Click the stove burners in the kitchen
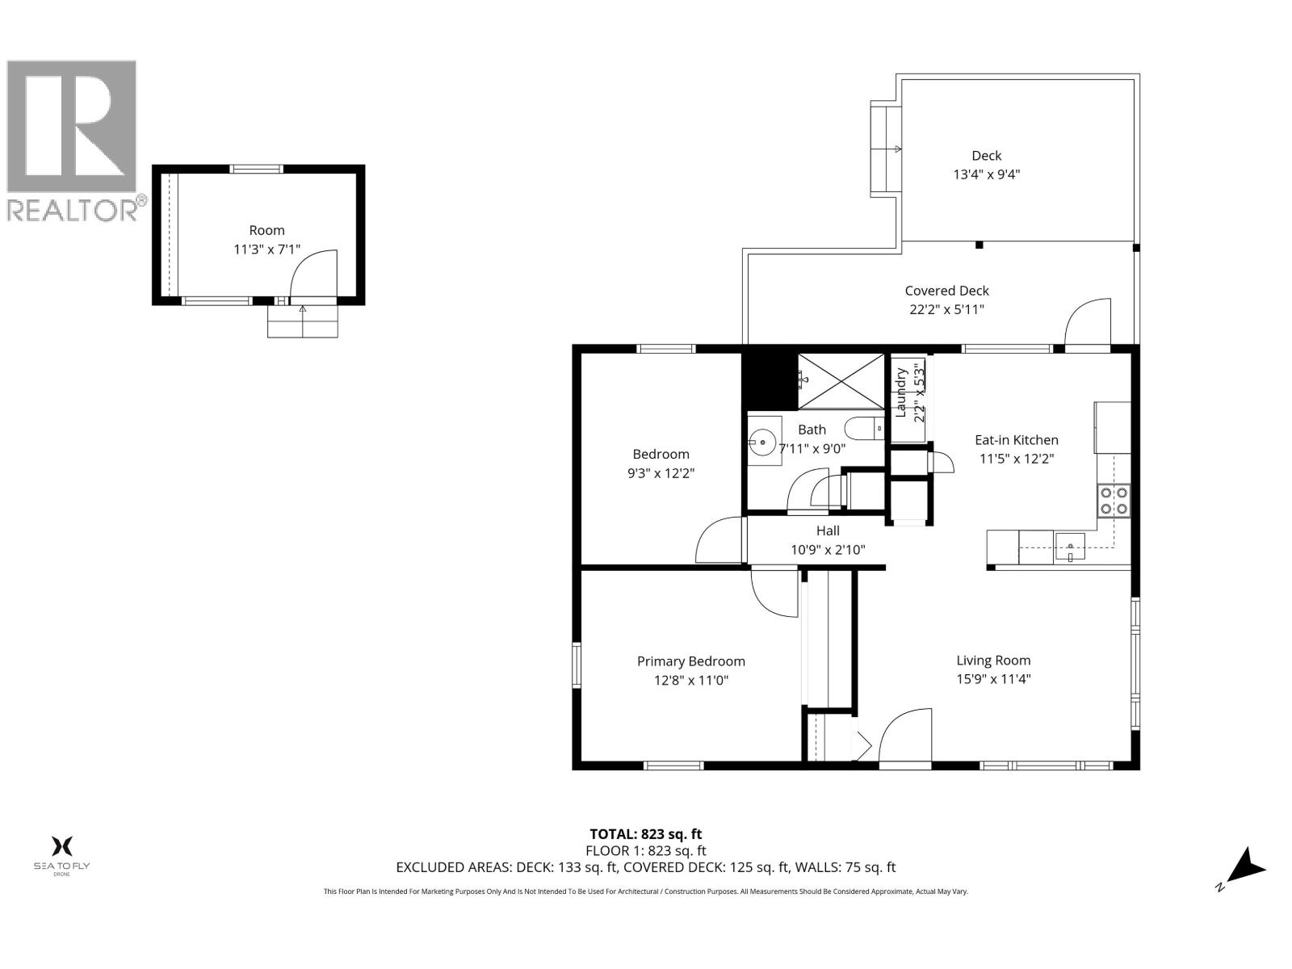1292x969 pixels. [1114, 500]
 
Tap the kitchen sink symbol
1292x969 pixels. [1070, 548]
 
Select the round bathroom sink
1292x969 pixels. [761, 442]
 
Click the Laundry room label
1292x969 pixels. [900, 394]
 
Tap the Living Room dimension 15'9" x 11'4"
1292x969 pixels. [993, 679]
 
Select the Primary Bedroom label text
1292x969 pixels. [690, 661]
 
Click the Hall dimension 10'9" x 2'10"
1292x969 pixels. [828, 550]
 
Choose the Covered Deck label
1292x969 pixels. [946, 291]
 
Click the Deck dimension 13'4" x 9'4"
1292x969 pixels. [987, 174]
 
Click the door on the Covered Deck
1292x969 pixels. [1087, 323]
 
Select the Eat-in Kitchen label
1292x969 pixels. [1016, 440]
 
